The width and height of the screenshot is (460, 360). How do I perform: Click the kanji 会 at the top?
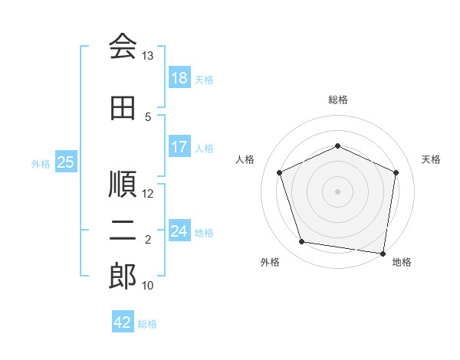click(123, 46)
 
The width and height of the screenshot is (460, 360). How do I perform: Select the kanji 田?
click(123, 108)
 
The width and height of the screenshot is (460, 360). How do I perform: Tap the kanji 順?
click(123, 184)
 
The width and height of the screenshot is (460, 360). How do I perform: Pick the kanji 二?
click(123, 231)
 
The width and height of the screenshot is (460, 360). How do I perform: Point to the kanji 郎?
click(123, 276)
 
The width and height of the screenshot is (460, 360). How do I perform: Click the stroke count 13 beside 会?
click(147, 56)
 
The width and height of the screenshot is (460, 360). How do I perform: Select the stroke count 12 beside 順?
click(147, 194)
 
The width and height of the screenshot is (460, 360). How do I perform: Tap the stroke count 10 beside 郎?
click(147, 285)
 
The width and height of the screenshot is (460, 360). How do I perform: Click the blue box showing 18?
click(179, 77)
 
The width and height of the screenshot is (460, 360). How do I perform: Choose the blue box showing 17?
click(179, 146)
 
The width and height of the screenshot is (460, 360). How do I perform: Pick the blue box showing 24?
click(179, 230)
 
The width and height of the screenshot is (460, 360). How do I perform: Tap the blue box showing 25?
click(66, 162)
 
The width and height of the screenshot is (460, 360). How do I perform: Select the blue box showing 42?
click(123, 321)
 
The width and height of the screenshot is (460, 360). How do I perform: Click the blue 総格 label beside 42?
click(147, 324)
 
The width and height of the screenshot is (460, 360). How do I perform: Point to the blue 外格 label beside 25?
click(41, 164)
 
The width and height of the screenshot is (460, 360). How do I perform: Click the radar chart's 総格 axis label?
click(338, 100)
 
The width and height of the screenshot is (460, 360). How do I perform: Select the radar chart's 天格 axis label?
click(431, 159)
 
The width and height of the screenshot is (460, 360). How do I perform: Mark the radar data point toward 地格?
click(383, 254)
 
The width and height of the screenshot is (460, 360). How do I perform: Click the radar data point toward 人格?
click(280, 172)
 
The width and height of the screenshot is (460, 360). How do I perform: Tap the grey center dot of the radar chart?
click(337, 191)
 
